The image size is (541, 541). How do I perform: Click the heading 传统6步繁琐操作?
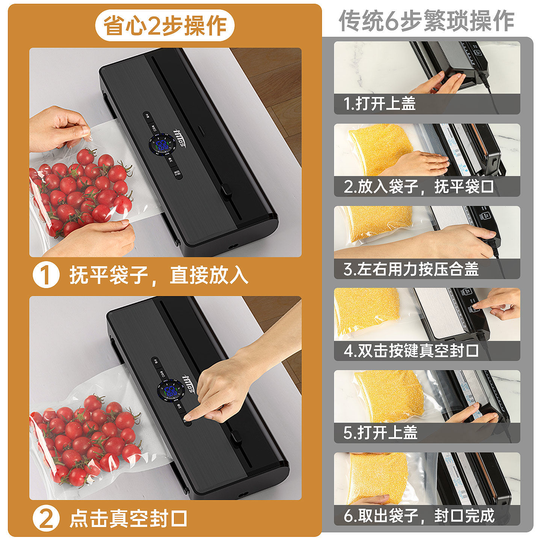click(x=426, y=21)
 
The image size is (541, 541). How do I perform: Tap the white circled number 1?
click(x=46, y=275)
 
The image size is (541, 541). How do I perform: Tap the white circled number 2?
click(x=46, y=519)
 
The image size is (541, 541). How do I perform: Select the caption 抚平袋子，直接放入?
click(x=159, y=275)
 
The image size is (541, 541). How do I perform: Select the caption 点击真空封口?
click(x=128, y=519)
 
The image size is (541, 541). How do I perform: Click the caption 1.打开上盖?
click(x=379, y=103)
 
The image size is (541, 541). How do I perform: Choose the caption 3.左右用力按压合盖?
click(x=411, y=269)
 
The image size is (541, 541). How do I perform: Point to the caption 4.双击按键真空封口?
click(x=411, y=351)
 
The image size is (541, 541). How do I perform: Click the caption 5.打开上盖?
click(x=380, y=433)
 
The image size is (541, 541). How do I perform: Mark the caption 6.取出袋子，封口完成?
click(x=419, y=515)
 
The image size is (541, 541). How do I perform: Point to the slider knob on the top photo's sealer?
click(x=226, y=190)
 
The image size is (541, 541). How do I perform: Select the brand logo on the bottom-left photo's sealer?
click(x=188, y=383)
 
